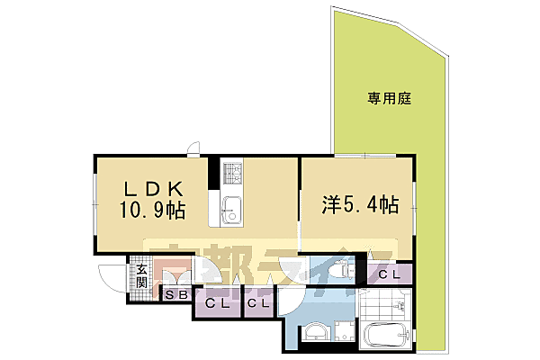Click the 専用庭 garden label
click(389, 97)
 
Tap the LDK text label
click(154, 189)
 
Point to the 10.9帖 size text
click(155, 211)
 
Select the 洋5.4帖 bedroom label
click(358, 204)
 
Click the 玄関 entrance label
click(141, 276)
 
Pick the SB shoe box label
click(175, 294)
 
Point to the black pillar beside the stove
click(214, 171)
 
